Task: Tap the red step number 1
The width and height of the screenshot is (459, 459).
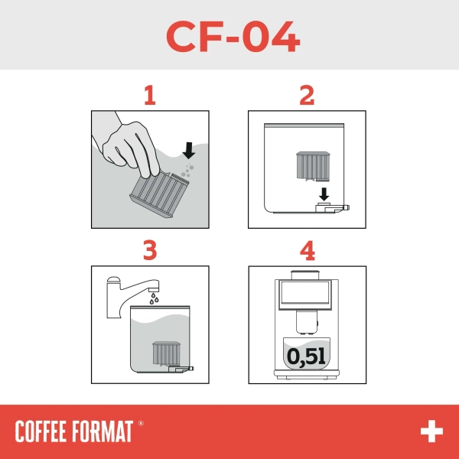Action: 150,96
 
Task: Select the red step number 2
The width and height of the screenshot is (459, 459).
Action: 307,96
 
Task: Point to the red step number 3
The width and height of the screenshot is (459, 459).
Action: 150,250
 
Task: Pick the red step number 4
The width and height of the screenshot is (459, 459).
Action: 307,250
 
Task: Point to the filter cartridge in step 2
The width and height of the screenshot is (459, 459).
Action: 311,166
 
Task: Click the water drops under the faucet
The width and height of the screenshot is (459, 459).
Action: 155,299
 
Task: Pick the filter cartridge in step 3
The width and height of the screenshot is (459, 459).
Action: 165,353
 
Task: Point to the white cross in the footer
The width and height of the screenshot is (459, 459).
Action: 431,431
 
